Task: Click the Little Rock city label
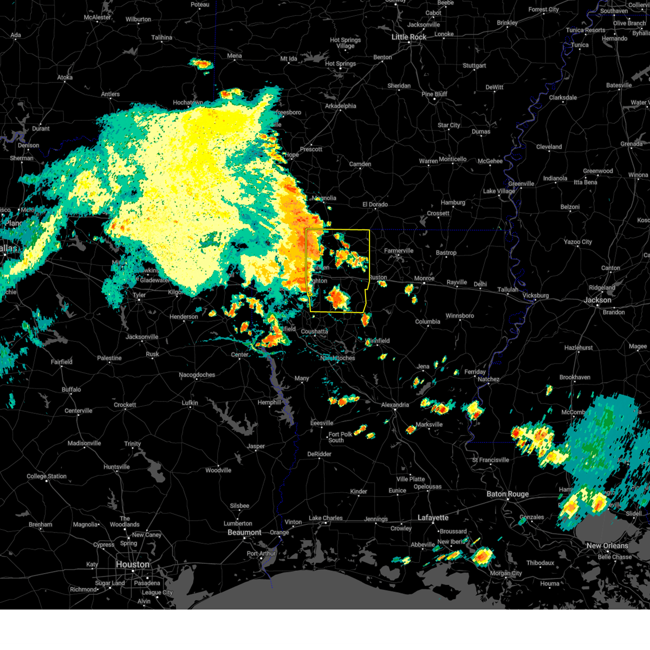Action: tap(409, 37)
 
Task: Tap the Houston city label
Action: tap(132, 564)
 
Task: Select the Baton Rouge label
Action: tap(507, 494)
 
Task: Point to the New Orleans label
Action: tap(607, 545)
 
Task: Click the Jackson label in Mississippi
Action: tap(597, 300)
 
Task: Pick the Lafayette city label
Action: tap(433, 518)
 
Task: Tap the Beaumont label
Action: tap(244, 532)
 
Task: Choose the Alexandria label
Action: tap(395, 405)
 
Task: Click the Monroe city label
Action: tap(424, 278)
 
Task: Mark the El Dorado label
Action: tap(375, 204)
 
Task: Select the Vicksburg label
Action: tap(535, 296)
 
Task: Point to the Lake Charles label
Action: tap(326, 518)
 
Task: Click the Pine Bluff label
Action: tap(434, 94)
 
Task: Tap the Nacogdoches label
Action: tap(197, 375)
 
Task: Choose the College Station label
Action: tap(47, 477)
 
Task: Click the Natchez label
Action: tap(488, 379)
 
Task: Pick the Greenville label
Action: tap(521, 184)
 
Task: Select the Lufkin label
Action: tap(190, 403)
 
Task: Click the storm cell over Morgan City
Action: tap(482, 556)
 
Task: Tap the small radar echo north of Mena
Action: tap(200, 64)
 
